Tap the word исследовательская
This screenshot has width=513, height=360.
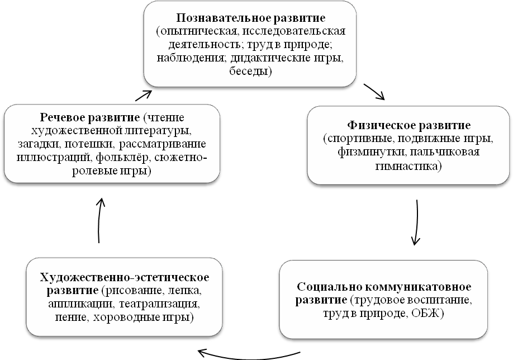point(294,31)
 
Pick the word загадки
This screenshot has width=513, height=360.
point(39,144)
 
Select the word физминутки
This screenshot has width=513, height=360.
point(372,152)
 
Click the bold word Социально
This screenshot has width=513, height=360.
point(329,287)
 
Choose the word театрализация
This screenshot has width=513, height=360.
point(159,304)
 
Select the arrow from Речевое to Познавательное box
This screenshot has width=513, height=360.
point(144,96)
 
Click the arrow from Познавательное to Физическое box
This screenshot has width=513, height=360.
point(374,92)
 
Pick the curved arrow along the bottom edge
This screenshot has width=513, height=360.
point(249,355)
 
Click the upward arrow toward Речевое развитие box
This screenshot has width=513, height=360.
point(99,220)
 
